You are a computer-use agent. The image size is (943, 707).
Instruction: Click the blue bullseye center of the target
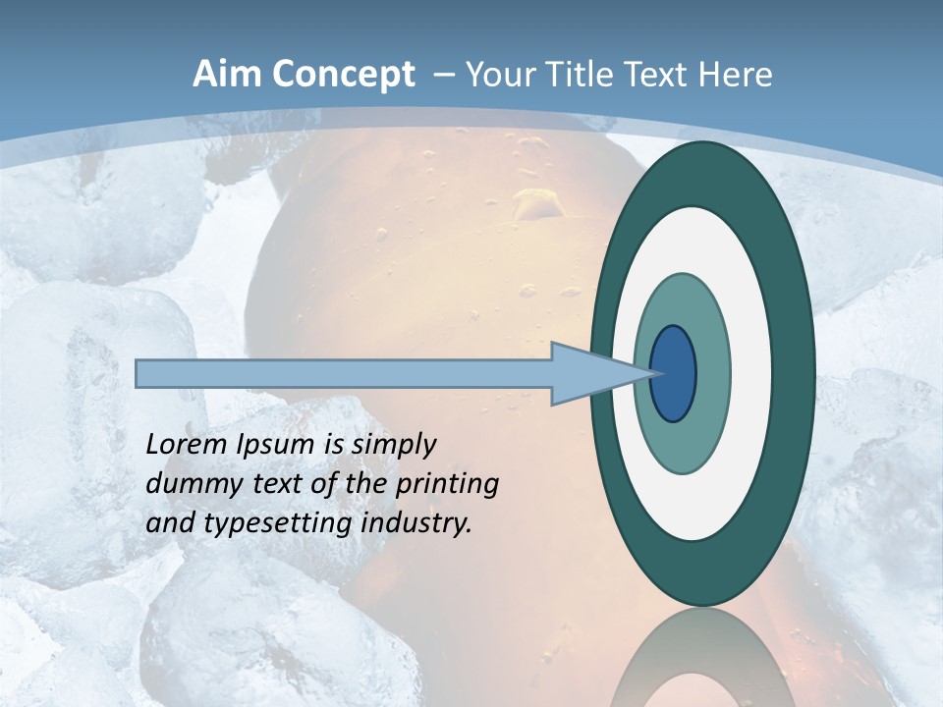pyautogui.click(x=673, y=374)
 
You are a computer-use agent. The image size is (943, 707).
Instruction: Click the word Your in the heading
pyautogui.click(x=495, y=75)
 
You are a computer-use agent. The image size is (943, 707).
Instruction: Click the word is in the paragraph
pyautogui.click(x=333, y=445)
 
